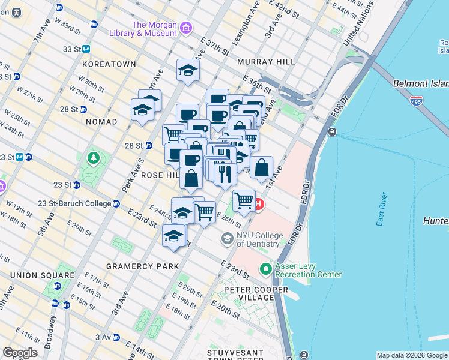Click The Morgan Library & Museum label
point(154,29)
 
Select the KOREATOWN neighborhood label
point(109,64)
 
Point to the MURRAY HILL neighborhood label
point(265,62)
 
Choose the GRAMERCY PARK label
point(142,266)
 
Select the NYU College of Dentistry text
point(258,239)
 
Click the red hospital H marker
point(258,205)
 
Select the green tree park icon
point(93,158)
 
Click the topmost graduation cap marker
point(188,70)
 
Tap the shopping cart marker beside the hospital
point(244,200)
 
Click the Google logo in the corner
point(20,353)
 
